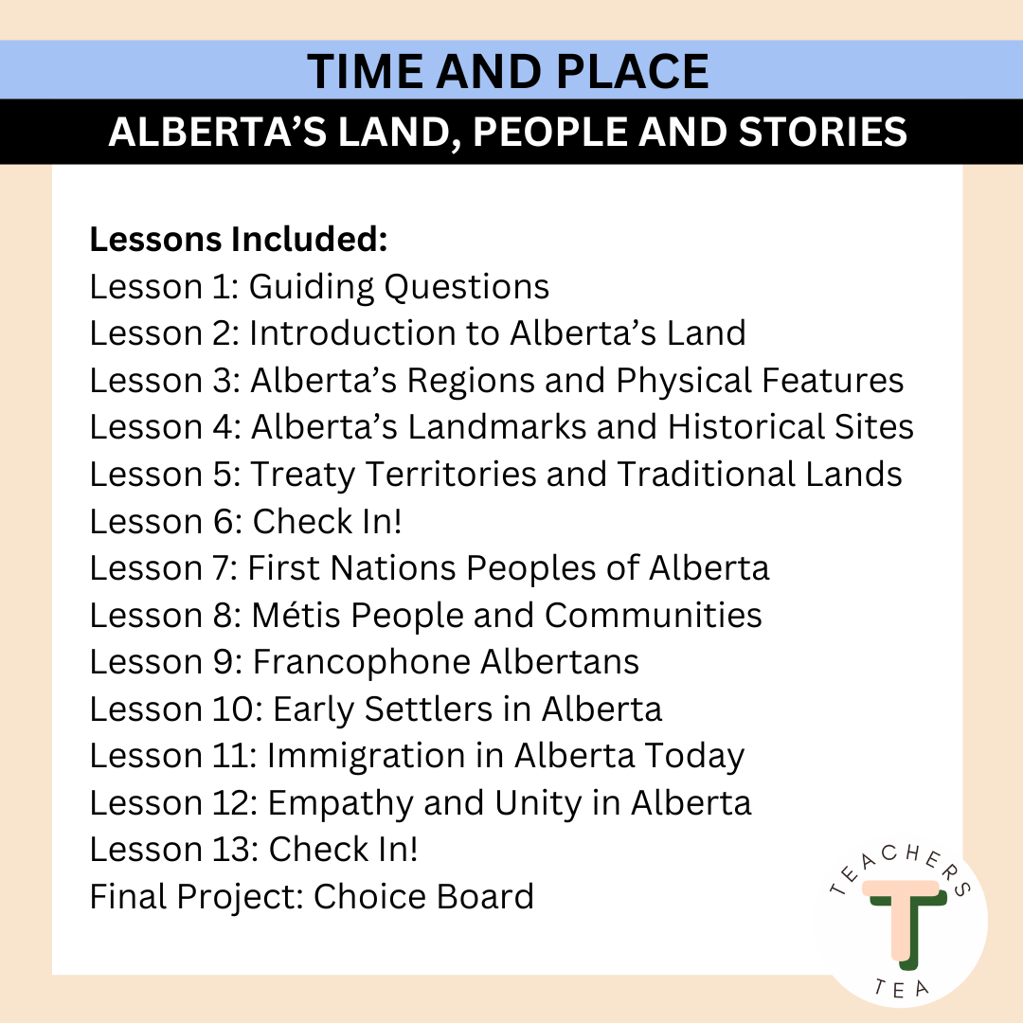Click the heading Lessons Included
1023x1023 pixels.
(239, 239)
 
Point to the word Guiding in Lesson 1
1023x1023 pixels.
(312, 288)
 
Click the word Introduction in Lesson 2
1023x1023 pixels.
(352, 332)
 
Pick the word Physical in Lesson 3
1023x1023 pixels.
(684, 381)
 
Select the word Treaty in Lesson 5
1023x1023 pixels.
(303, 475)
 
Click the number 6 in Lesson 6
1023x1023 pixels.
(227, 521)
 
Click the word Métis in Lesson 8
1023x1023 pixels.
(296, 615)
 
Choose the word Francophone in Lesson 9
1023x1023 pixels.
(362, 662)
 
